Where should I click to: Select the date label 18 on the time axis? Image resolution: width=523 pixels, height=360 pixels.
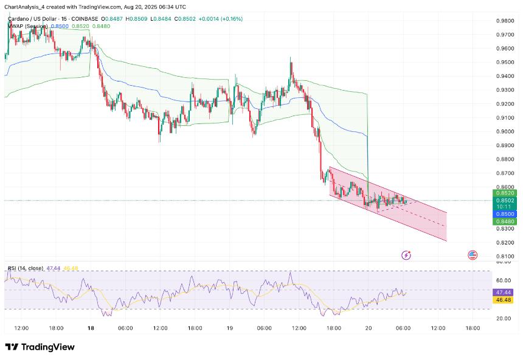click(x=90, y=328)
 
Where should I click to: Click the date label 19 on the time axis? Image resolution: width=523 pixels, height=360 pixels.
click(x=230, y=328)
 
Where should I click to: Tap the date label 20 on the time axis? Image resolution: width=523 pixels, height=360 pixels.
click(x=369, y=328)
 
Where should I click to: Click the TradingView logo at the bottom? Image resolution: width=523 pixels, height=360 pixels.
click(x=40, y=347)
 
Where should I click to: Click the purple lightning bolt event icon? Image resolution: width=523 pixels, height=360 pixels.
click(x=406, y=255)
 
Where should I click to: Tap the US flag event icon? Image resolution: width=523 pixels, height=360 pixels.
click(x=473, y=255)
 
